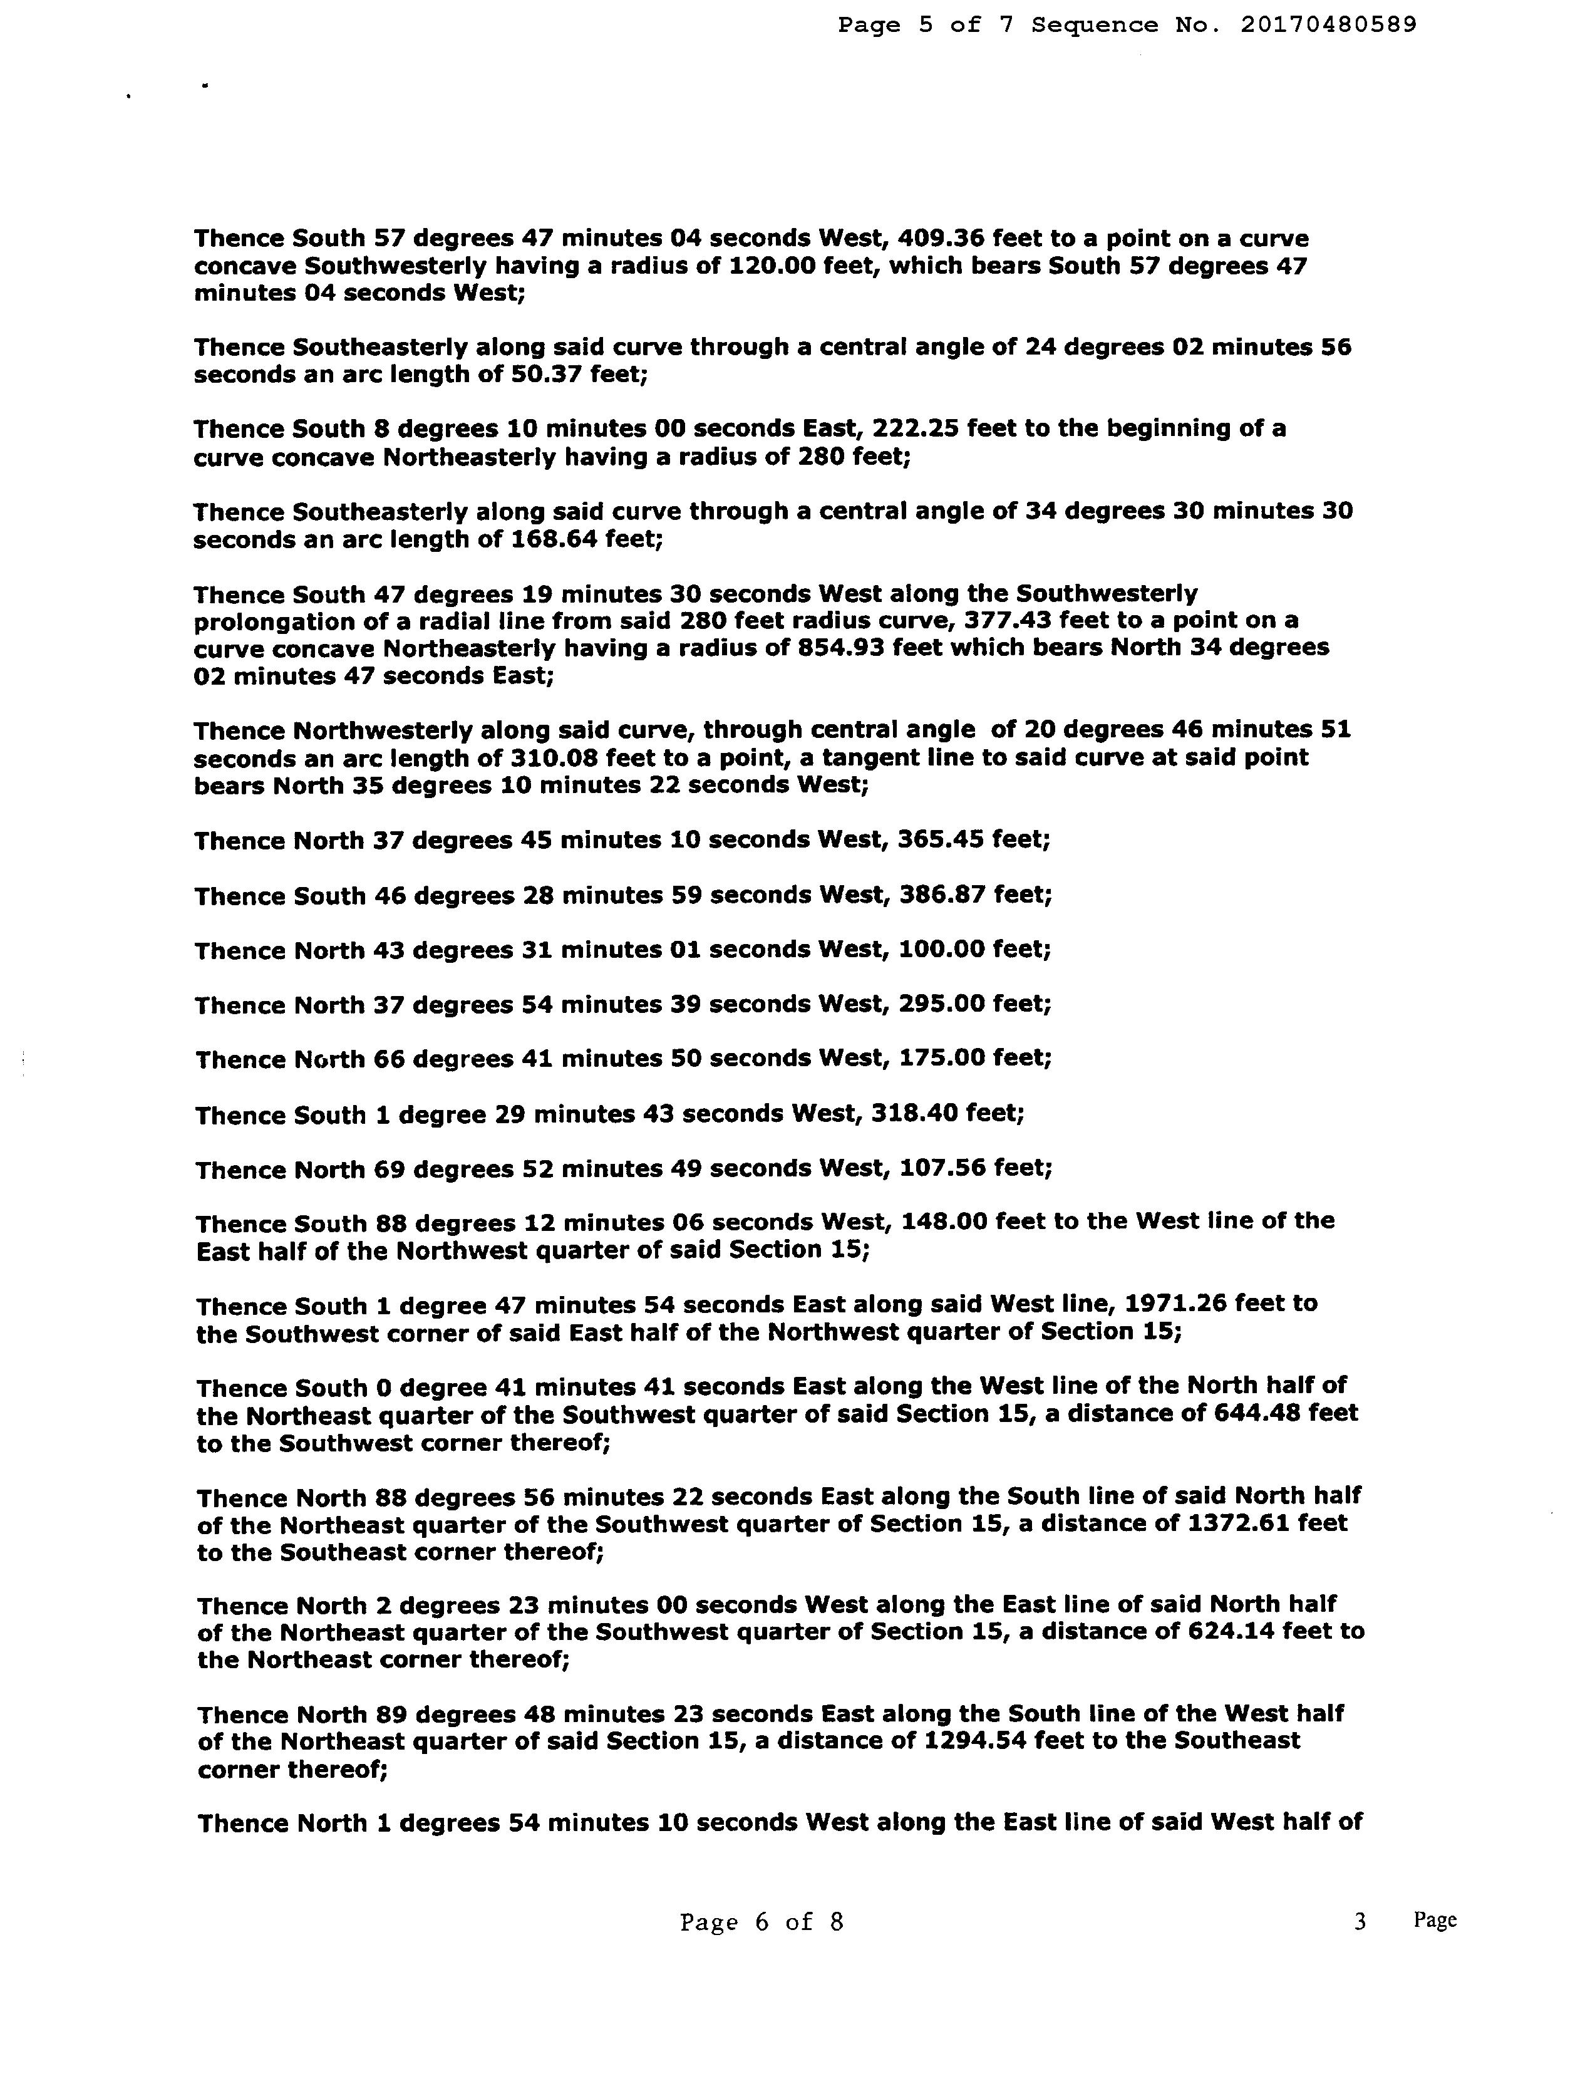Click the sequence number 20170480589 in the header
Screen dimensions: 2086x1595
[x=1328, y=26]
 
